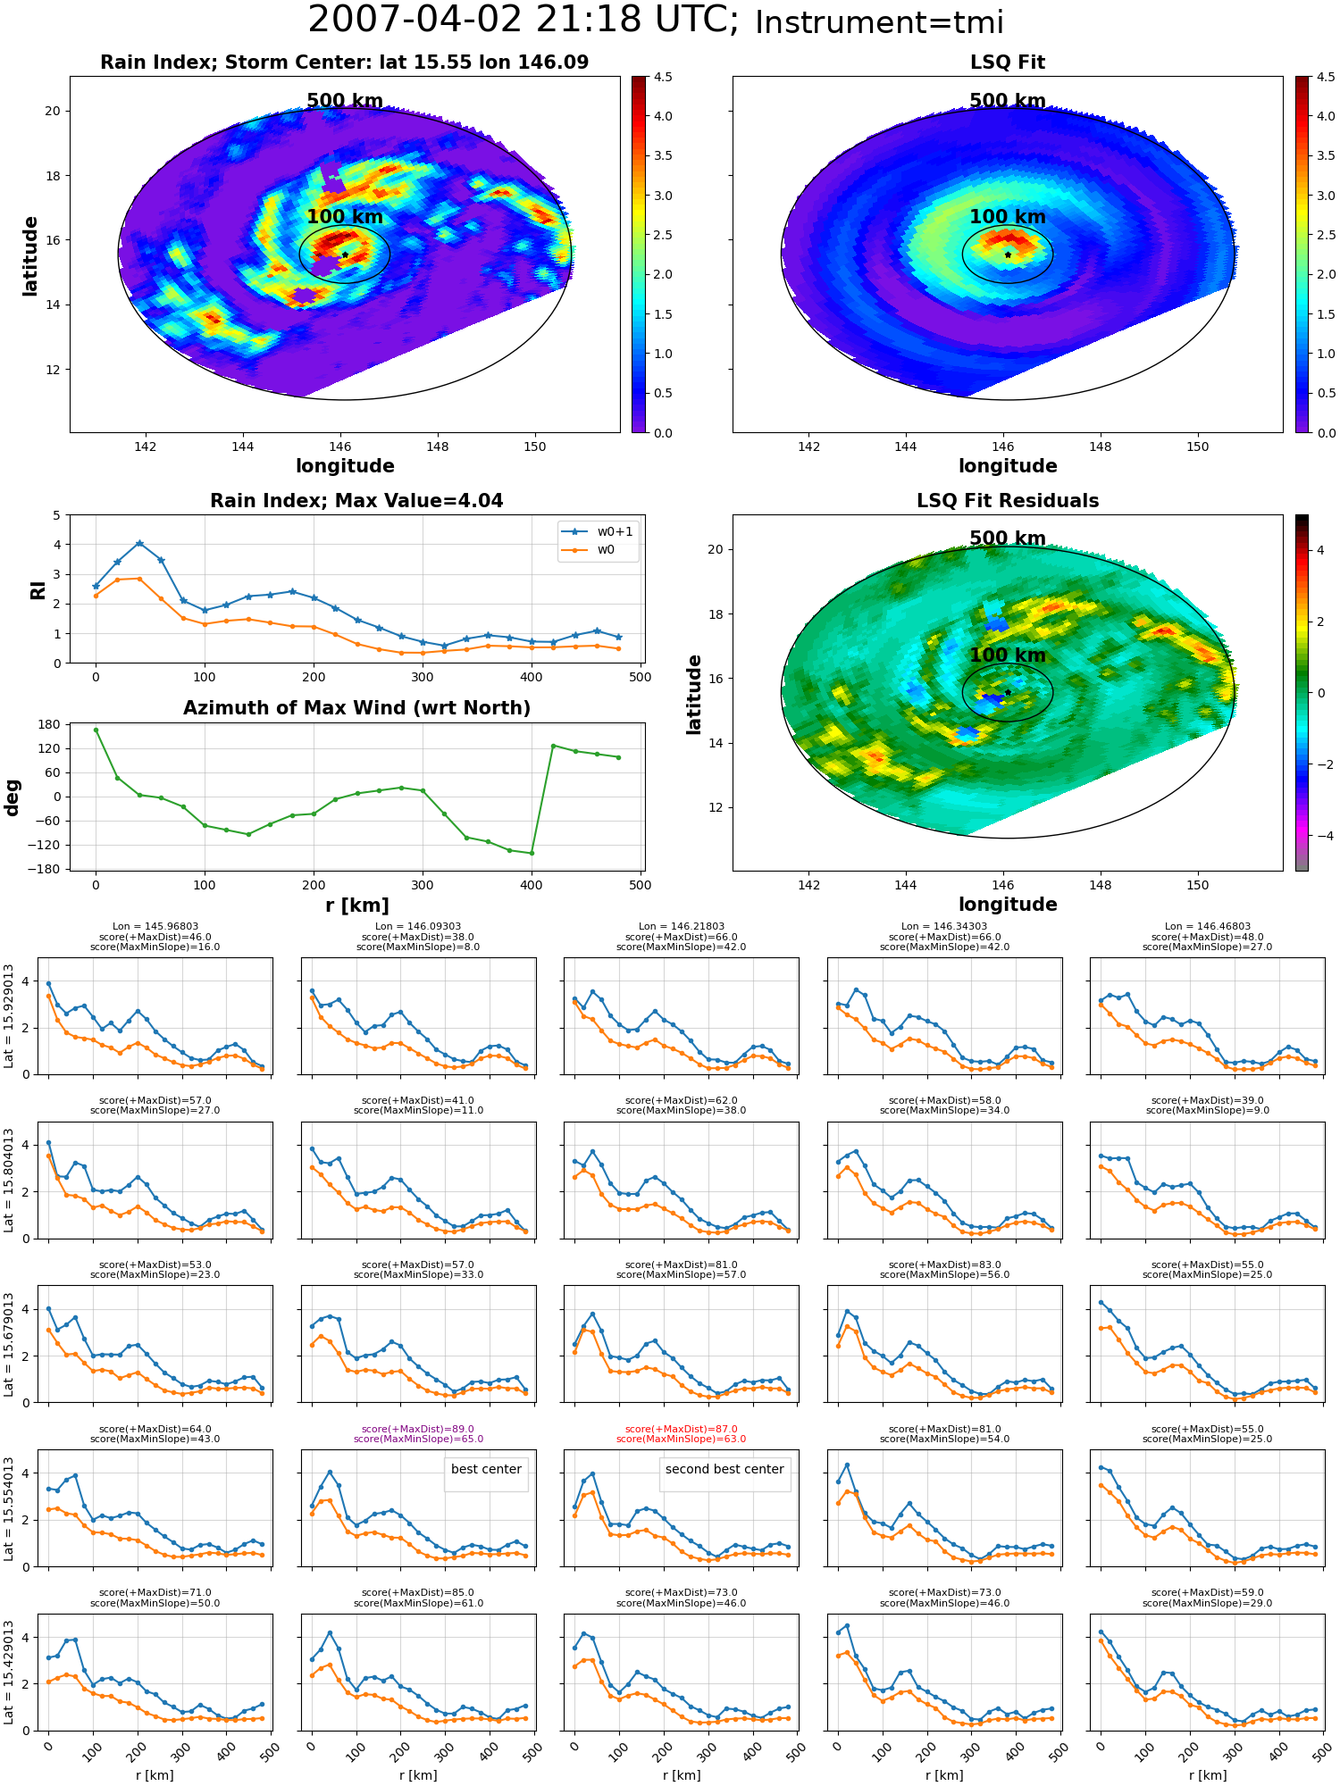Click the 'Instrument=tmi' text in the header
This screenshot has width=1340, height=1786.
click(x=879, y=22)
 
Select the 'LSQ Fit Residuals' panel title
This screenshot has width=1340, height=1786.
click(x=1008, y=501)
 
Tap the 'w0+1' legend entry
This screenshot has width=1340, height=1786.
click(x=599, y=532)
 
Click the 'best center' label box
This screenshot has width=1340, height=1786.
click(x=486, y=1469)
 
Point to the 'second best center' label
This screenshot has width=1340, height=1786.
click(x=724, y=1469)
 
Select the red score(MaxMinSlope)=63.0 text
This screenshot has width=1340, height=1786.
click(x=682, y=1440)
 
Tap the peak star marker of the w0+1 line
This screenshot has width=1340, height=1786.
click(x=139, y=543)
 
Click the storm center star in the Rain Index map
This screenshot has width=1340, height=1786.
click(x=345, y=255)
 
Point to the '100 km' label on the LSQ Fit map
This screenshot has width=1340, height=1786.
click(x=1008, y=217)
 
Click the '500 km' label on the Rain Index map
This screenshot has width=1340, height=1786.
click(x=345, y=101)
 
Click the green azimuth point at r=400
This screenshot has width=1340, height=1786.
click(x=532, y=853)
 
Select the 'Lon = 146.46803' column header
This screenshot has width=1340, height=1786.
click(x=1208, y=927)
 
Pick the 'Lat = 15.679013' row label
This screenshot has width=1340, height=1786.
click(x=9, y=1344)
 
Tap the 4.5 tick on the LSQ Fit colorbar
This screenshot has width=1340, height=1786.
click(x=1327, y=78)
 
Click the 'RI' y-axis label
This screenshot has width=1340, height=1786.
click(x=38, y=590)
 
